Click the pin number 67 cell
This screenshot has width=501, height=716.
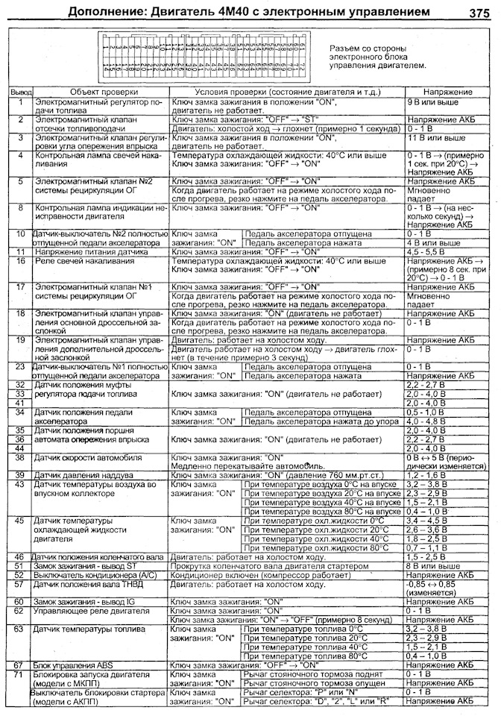coord(20,664)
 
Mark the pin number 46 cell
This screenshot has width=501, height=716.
coord(20,557)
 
